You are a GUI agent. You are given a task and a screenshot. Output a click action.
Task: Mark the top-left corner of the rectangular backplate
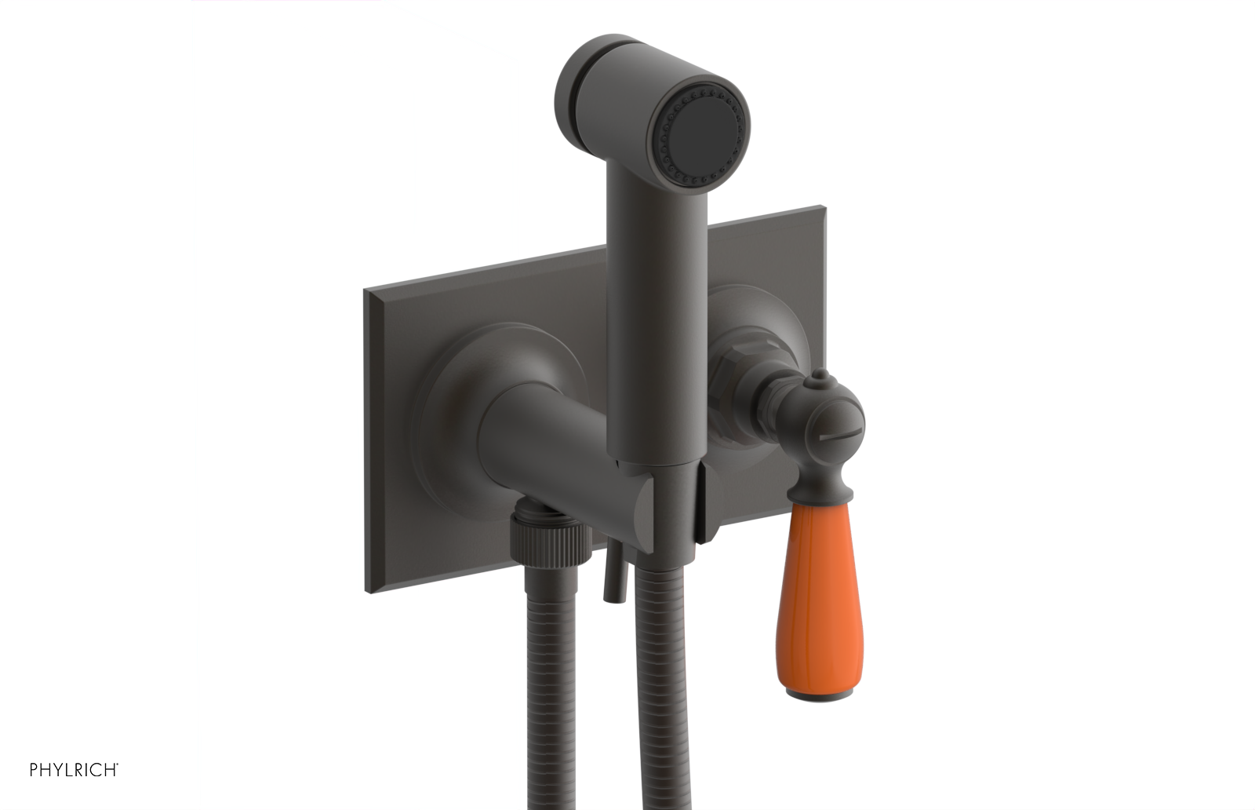pos(366,292)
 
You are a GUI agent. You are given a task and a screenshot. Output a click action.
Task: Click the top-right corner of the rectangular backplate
pos(823,209)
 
